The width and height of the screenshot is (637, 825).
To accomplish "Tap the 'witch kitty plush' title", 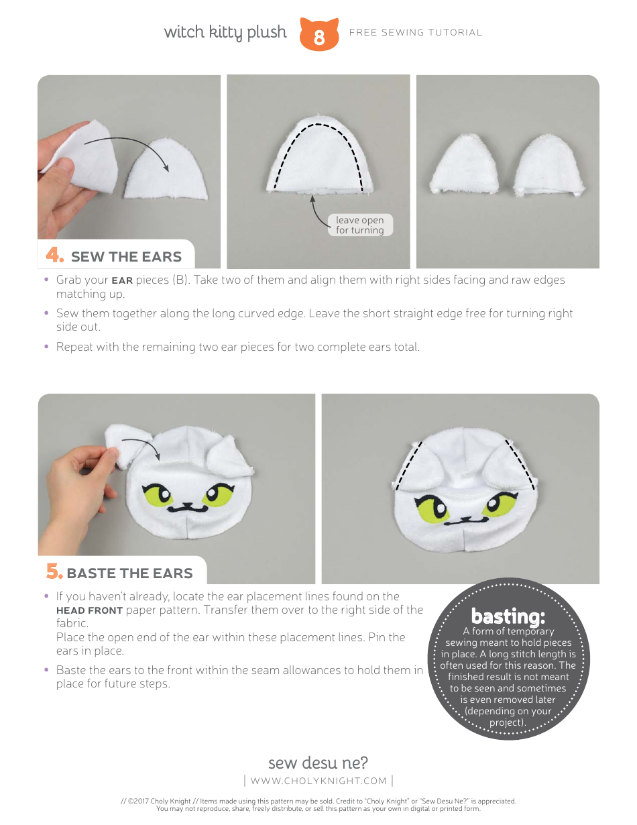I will pyautogui.click(x=225, y=32).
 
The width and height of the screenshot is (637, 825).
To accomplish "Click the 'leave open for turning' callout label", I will pyautogui.click(x=360, y=225).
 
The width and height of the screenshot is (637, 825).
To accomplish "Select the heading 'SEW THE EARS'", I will pyautogui.click(x=126, y=257).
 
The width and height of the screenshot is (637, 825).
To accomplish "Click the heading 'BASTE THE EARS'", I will pyautogui.click(x=129, y=573).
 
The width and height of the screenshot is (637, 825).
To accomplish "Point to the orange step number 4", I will pyautogui.click(x=55, y=256).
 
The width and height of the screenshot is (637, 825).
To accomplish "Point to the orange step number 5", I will pyautogui.click(x=54, y=572).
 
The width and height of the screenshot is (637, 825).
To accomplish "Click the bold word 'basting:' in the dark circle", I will pyautogui.click(x=508, y=616).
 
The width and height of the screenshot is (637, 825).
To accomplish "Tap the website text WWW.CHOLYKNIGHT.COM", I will pyautogui.click(x=318, y=781).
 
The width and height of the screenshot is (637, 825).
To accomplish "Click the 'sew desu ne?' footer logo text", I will pyautogui.click(x=318, y=763).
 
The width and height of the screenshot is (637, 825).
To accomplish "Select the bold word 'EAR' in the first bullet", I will pyautogui.click(x=122, y=280).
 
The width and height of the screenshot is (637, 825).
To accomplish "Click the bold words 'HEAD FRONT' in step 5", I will pyautogui.click(x=89, y=610).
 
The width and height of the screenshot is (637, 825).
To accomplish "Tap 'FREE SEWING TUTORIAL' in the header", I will pyautogui.click(x=416, y=32).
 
